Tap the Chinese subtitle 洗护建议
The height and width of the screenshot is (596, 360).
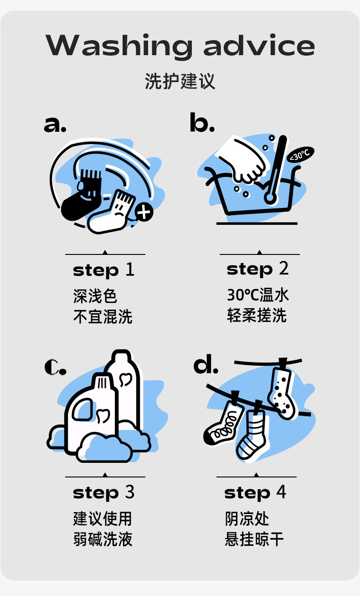(180, 81)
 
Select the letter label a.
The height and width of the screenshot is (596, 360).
(55, 124)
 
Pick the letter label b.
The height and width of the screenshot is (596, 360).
(202, 122)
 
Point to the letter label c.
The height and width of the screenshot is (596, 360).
(55, 367)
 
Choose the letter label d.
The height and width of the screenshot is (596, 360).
(206, 364)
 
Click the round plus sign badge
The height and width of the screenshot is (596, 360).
(144, 212)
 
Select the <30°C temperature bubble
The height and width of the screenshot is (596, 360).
(300, 154)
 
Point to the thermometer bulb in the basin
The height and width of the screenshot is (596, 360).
(270, 198)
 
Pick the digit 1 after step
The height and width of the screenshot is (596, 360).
(130, 269)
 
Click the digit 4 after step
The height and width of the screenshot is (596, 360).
(281, 492)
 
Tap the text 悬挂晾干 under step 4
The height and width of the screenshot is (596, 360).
(254, 539)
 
